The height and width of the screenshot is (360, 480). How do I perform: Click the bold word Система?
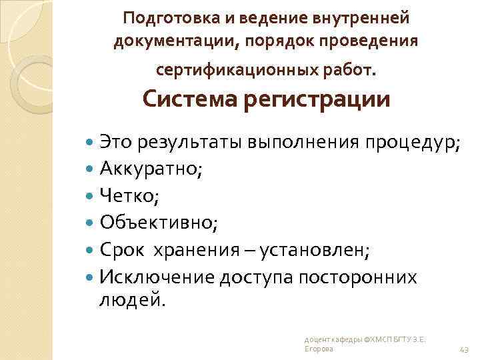click(x=189, y=100)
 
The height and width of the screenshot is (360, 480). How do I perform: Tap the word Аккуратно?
click(x=151, y=169)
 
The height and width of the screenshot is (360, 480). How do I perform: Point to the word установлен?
click(x=315, y=249)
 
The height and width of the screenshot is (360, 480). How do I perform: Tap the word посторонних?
click(x=359, y=275)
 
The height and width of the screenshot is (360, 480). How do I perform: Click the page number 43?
click(x=465, y=349)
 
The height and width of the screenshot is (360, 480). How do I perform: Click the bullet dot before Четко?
click(x=91, y=195)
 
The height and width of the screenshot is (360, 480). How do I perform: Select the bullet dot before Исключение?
click(x=91, y=275)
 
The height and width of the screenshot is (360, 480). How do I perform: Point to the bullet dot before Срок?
click(x=91, y=249)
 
